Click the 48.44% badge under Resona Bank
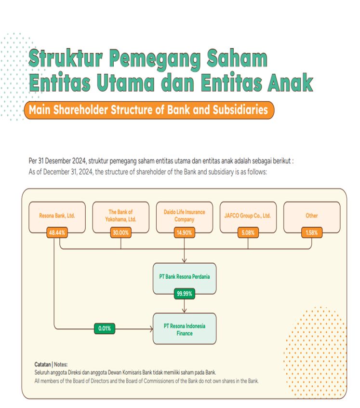click(x=57, y=232)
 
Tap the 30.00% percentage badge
click(x=120, y=232)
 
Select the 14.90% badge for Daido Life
click(x=184, y=232)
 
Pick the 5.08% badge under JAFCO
click(x=248, y=232)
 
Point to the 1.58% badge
click(x=312, y=232)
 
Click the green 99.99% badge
click(x=184, y=294)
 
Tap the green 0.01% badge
click(x=105, y=328)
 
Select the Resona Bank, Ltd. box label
click(x=57, y=216)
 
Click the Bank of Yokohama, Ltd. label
click(x=120, y=216)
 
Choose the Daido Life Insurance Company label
click(x=184, y=216)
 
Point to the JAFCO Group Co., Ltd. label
click(x=247, y=216)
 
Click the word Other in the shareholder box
click(x=312, y=216)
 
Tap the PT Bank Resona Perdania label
click(x=184, y=277)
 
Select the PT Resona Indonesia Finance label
click(x=184, y=330)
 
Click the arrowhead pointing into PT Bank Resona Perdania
click(x=184, y=260)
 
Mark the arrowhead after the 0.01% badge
click(x=151, y=329)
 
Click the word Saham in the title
click(x=237, y=58)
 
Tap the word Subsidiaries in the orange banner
click(x=240, y=110)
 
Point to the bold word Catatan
click(x=42, y=364)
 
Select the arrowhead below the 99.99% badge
click(x=184, y=311)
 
